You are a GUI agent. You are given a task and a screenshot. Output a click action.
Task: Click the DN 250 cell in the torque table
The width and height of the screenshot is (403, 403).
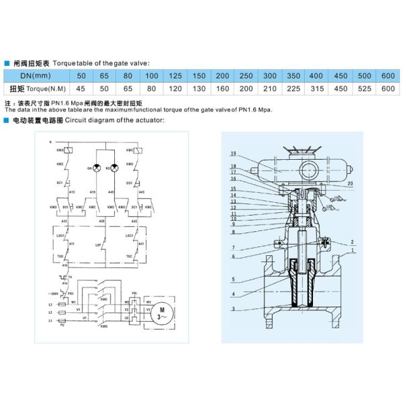coord(247,75)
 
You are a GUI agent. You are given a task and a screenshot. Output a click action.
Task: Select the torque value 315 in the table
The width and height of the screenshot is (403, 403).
coord(318,88)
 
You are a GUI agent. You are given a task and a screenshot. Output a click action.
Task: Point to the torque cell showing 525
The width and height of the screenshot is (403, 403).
coord(364,88)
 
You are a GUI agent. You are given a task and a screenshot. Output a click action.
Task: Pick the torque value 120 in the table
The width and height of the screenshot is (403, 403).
coord(176,88)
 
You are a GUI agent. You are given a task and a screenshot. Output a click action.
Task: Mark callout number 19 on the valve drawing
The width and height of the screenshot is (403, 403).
coord(233,154)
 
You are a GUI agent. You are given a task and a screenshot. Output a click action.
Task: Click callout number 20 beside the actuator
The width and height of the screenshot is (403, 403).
coord(351,183)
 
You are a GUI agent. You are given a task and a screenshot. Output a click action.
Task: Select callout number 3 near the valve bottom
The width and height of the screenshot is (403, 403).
coord(233,308)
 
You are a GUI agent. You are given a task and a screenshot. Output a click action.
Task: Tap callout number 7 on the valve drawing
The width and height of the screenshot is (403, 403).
coord(233,248)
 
